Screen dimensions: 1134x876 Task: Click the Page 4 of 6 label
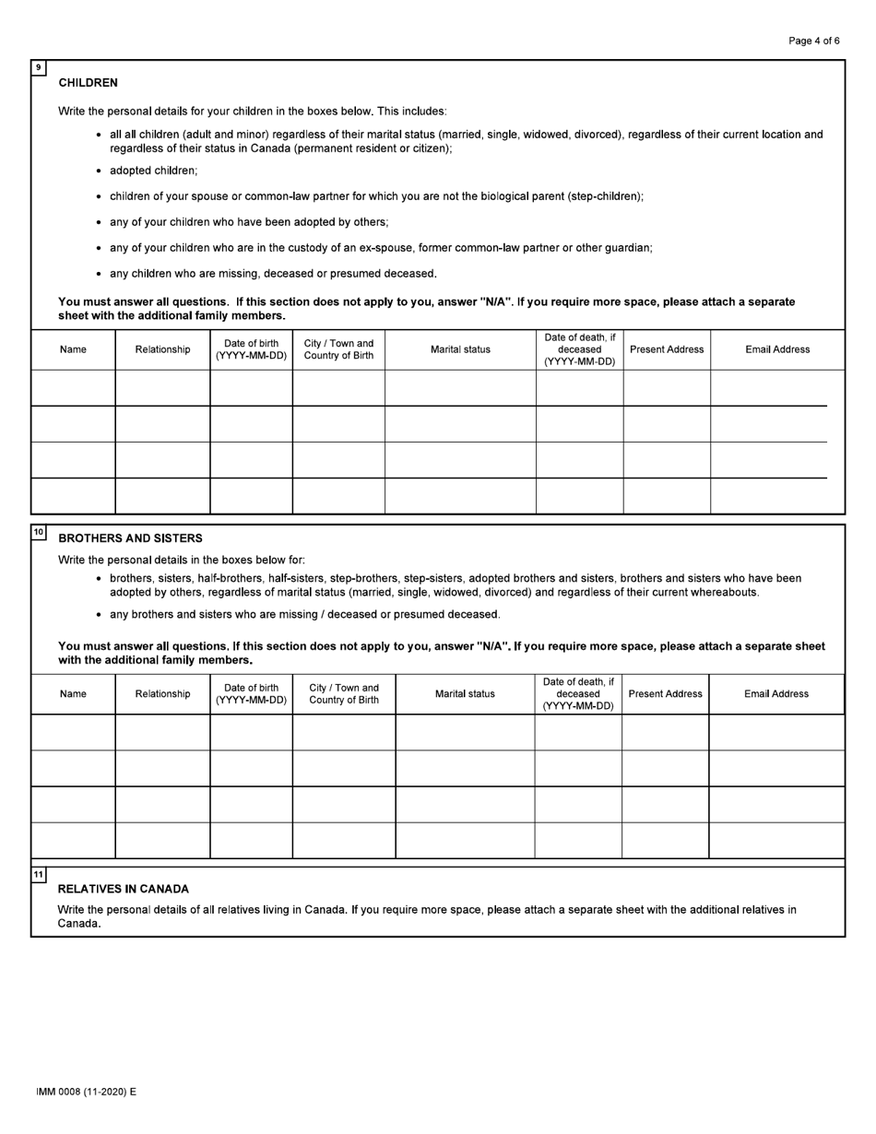tap(813, 41)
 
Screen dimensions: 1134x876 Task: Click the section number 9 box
tap(38, 67)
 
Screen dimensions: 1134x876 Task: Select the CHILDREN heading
tap(88, 83)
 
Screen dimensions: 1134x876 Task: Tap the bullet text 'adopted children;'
tap(153, 171)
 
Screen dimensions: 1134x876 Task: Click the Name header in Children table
tap(73, 349)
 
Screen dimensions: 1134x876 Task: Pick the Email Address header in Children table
tap(777, 349)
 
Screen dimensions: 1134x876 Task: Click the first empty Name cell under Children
tap(73, 388)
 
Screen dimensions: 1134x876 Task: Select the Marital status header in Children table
tap(460, 349)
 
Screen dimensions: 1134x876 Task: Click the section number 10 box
tap(38, 532)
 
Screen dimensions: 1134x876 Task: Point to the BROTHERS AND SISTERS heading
tap(130, 538)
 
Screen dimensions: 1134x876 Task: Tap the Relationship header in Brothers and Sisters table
tap(162, 694)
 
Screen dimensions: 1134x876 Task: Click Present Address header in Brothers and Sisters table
tap(665, 694)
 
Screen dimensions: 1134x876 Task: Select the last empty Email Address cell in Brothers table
tap(776, 840)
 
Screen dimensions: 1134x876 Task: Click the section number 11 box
tap(38, 874)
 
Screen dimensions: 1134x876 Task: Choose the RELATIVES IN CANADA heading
tap(123, 889)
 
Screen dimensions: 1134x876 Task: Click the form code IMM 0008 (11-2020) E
tap(86, 1092)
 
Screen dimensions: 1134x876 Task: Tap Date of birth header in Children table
tap(251, 349)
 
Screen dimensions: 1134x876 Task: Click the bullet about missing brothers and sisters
tap(304, 614)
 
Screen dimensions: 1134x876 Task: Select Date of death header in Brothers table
tap(578, 694)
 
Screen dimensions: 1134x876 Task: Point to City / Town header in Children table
tap(338, 349)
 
